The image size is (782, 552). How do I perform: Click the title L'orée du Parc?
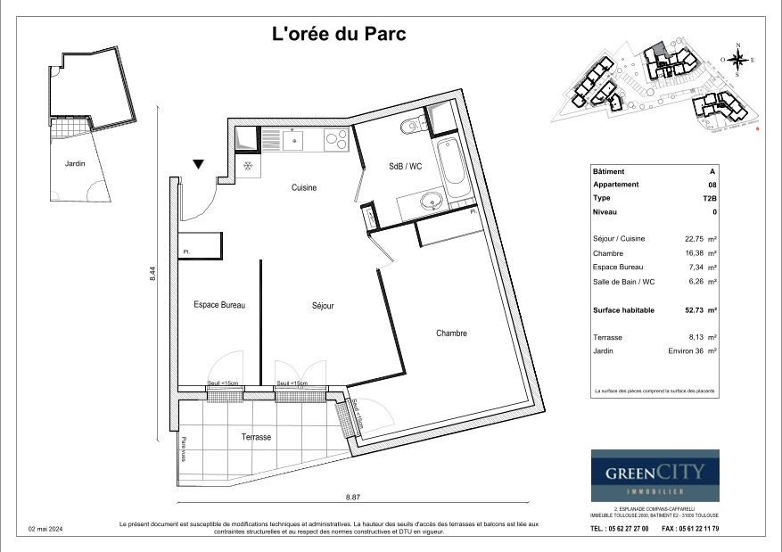click(x=338, y=35)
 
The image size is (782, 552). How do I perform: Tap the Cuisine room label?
click(x=304, y=188)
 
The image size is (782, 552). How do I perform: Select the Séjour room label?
click(x=323, y=306)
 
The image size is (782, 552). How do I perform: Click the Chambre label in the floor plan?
click(x=451, y=334)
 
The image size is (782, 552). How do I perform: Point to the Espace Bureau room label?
click(x=219, y=305)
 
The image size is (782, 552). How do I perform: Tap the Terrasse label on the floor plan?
click(x=256, y=437)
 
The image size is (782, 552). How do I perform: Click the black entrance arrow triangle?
click(x=199, y=164)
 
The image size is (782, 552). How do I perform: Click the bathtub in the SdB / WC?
click(x=455, y=167)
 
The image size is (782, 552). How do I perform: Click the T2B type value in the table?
click(x=710, y=198)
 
